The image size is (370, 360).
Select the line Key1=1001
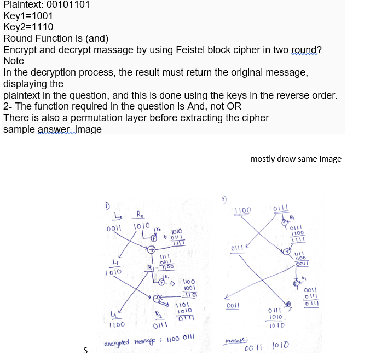pyautogui.click(x=28, y=16)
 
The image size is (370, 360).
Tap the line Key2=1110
pyautogui.click(x=28, y=27)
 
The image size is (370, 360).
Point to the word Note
pyautogui.click(x=14, y=61)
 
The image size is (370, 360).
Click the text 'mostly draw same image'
pyautogui.click(x=296, y=159)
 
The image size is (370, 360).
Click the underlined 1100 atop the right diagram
pyautogui.click(x=243, y=210)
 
